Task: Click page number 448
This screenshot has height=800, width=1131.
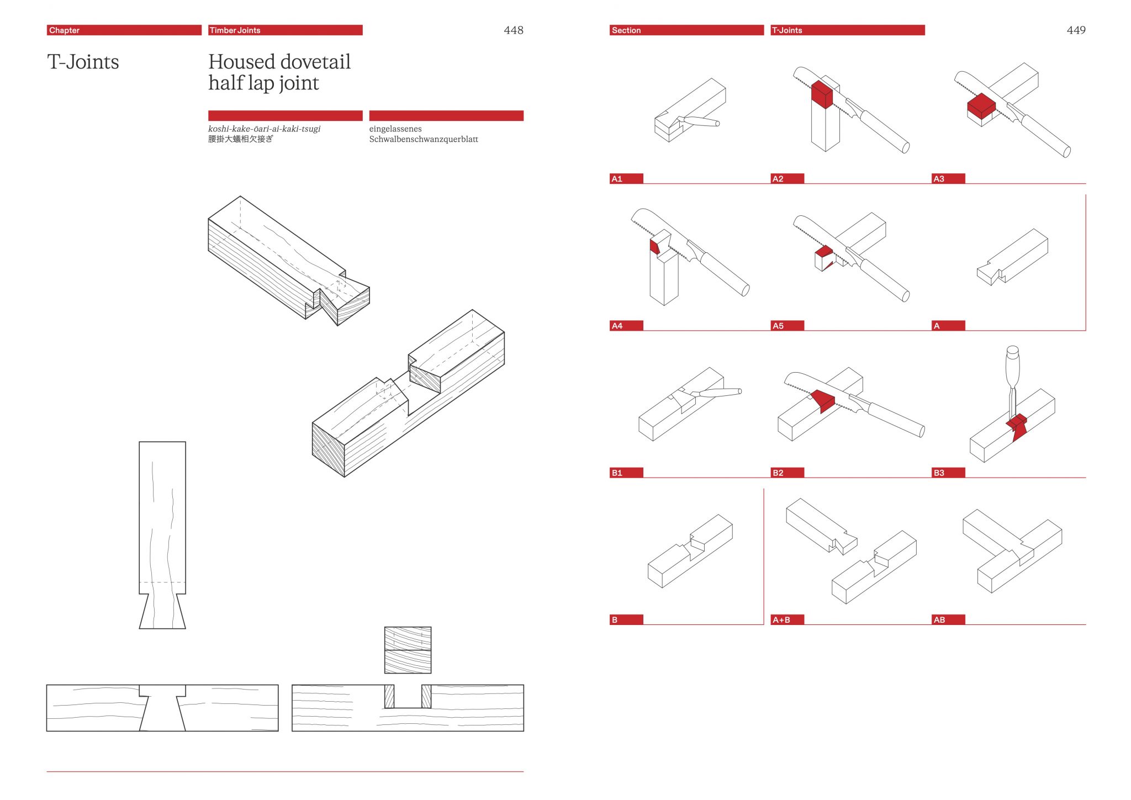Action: [x=513, y=30]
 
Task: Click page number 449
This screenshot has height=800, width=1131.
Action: [x=1076, y=30]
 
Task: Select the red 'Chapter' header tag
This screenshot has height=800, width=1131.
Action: [x=124, y=30]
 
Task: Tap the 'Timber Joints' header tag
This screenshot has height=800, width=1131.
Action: [x=285, y=30]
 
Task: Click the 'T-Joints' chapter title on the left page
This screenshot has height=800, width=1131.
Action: [x=83, y=62]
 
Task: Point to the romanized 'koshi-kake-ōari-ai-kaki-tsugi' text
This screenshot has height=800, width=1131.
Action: [x=264, y=129]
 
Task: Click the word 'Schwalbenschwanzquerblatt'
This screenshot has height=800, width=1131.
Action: [x=424, y=139]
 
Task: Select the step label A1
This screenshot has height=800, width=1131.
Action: [x=626, y=179]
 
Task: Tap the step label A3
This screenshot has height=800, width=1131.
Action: [x=948, y=179]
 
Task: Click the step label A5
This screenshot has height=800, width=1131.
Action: [x=787, y=326]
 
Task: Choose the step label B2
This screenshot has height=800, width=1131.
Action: [x=787, y=473]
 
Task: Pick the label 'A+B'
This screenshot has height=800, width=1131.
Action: [x=787, y=620]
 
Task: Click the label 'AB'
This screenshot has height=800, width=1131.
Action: [x=948, y=620]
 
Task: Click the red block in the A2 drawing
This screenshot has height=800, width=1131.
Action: [x=821, y=95]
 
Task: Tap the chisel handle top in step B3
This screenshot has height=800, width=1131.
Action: [x=1012, y=351]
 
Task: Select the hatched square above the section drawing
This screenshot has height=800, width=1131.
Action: [x=408, y=650]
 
